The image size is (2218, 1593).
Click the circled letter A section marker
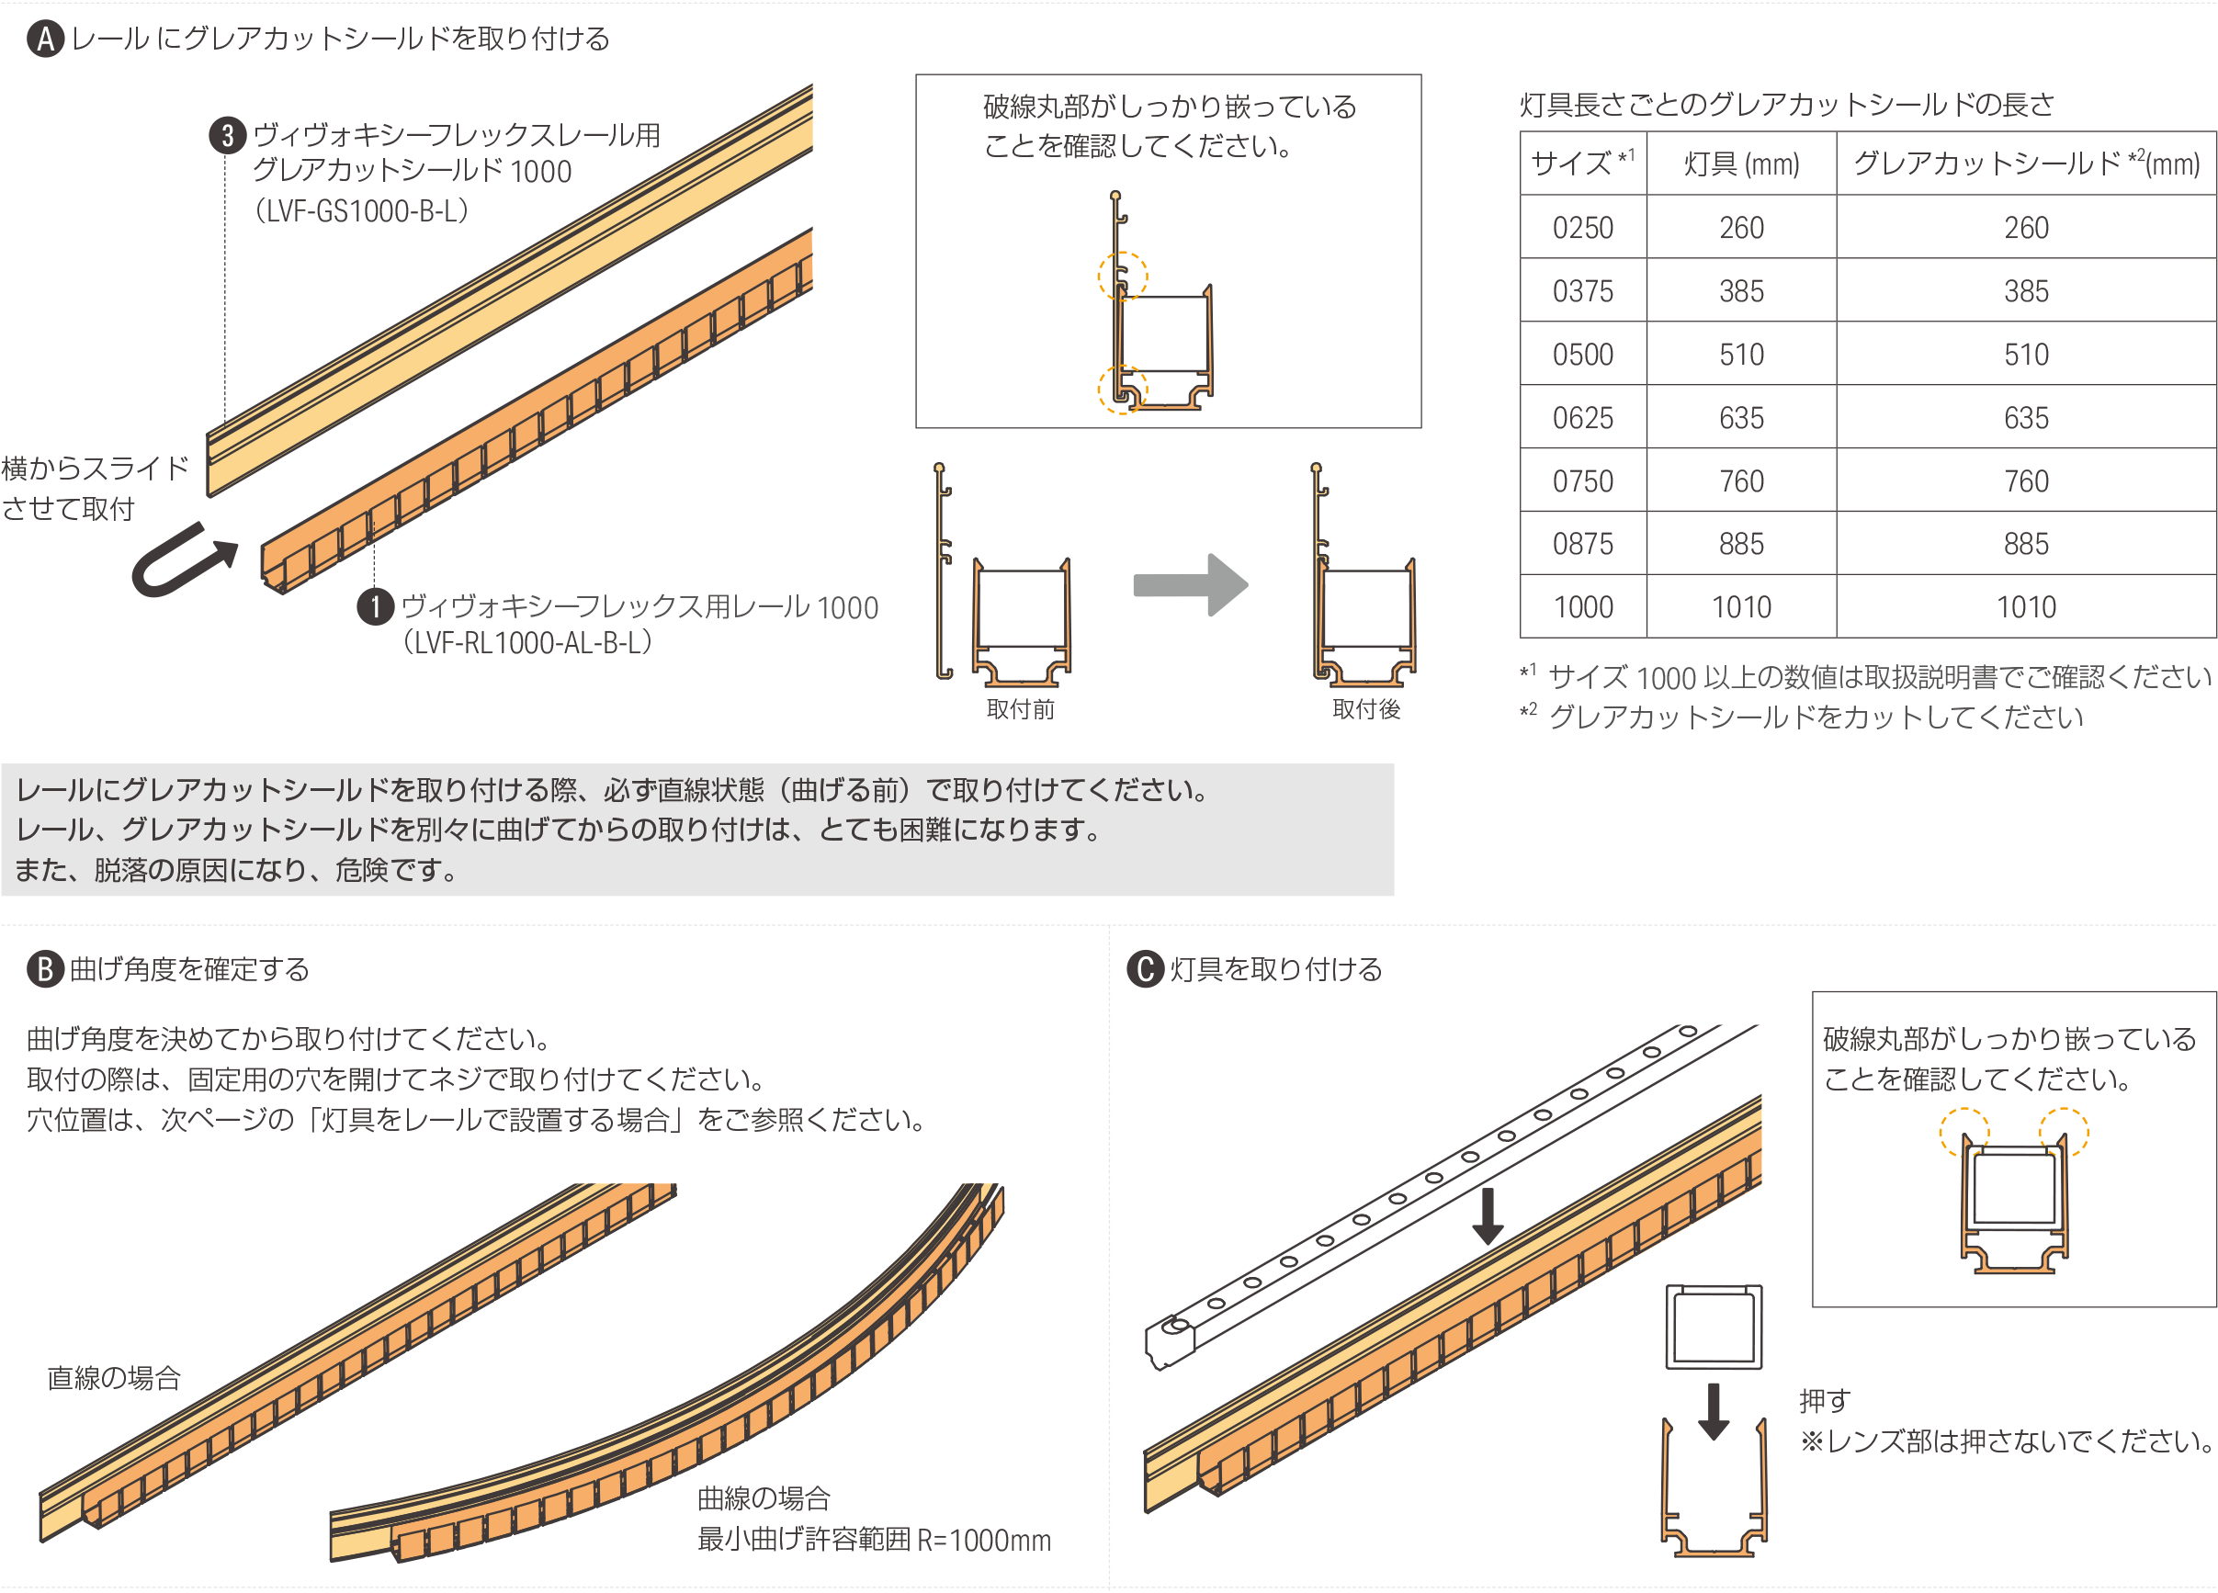[45, 40]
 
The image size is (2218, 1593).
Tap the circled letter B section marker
[45, 969]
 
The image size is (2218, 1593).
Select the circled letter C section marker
[1145, 969]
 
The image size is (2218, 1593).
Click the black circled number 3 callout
[228, 135]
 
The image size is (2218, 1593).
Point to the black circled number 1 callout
[376, 606]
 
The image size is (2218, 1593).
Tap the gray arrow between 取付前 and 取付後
[1190, 585]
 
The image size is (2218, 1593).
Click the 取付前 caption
[1021, 709]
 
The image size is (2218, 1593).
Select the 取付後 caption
[1366, 709]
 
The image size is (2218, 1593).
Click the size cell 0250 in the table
[1583, 228]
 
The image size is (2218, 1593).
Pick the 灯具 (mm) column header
[1742, 164]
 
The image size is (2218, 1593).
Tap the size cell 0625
[1583, 418]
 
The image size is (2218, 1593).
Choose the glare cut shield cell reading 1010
[2026, 607]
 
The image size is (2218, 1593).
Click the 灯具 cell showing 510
[1742, 354]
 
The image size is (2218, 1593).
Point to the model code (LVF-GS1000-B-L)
[361, 211]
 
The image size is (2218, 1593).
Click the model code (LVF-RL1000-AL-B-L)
[527, 642]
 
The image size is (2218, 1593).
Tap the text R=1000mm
[984, 1541]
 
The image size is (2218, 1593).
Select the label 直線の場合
[115, 1378]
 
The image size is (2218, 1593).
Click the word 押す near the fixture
[1825, 1400]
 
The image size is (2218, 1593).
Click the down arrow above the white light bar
[1488, 1215]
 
